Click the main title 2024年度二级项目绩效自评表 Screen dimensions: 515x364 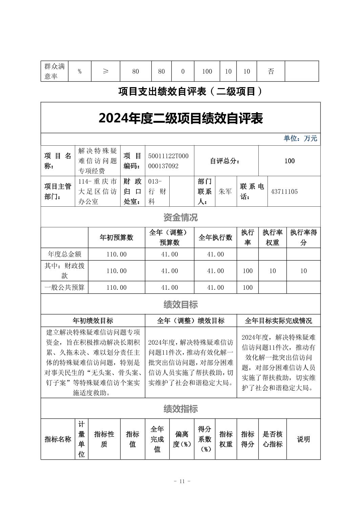pyautogui.click(x=180, y=118)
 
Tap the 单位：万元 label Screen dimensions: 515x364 pyautogui.click(x=300, y=139)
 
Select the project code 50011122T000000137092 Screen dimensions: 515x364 pyautogui.click(x=168, y=161)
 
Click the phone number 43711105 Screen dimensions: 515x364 pyautogui.click(x=284, y=191)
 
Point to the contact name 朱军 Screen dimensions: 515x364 pyautogui.click(x=225, y=191)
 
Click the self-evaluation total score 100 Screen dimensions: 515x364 pyautogui.click(x=289, y=161)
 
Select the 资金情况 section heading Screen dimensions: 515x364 pyautogui.click(x=180, y=217)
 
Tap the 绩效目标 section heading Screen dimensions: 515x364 pyautogui.click(x=180, y=305)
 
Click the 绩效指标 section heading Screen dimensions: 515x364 pyautogui.click(x=180, y=409)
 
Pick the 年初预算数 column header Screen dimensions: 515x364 pyautogui.click(x=116, y=238)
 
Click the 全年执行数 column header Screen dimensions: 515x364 pyautogui.click(x=215, y=238)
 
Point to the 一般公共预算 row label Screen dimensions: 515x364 pyautogui.click(x=65, y=287)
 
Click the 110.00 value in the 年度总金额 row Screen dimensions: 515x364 pyautogui.click(x=116, y=254)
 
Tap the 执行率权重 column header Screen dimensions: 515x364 pyautogui.click(x=273, y=238)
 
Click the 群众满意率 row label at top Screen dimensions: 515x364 pyautogui.click(x=55, y=71)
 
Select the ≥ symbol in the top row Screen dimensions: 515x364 pyautogui.click(x=106, y=71)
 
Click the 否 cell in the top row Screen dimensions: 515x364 pyautogui.click(x=271, y=71)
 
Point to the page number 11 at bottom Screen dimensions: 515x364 pyautogui.click(x=182, y=481)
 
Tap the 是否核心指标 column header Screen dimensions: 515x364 pyautogui.click(x=273, y=439)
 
